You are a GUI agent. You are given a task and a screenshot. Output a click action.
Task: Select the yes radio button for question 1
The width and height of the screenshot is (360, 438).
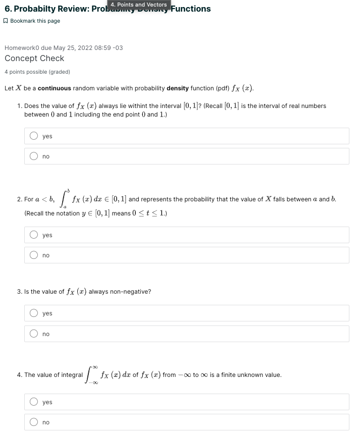34,136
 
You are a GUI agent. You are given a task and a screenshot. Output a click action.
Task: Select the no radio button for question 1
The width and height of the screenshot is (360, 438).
34,156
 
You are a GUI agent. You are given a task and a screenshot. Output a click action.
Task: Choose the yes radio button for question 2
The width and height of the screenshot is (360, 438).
34,235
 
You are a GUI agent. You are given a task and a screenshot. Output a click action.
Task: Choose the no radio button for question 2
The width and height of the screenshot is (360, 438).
34,255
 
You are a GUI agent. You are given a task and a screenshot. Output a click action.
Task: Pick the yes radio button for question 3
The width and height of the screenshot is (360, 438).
34,313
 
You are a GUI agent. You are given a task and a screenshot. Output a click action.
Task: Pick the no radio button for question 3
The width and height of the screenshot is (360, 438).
34,334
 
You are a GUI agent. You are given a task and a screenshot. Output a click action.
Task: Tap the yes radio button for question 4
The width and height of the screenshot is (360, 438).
34,402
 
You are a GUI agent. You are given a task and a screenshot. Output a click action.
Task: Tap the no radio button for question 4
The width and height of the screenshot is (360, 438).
34,422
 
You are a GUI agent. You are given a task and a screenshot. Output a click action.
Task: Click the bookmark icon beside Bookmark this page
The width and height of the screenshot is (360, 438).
6,21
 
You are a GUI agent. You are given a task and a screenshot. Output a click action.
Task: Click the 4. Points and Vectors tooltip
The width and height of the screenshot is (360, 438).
138,5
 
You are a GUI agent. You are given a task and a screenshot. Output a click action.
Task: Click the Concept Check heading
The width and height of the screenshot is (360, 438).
34,59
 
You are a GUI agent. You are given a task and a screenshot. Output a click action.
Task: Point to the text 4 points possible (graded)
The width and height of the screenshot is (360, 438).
37,72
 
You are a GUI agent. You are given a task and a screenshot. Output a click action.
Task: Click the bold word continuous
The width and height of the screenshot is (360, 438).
55,88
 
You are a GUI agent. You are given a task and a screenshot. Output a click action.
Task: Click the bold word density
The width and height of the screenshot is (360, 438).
177,88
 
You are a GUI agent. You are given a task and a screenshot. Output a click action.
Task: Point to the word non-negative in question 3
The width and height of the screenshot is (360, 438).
133,292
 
